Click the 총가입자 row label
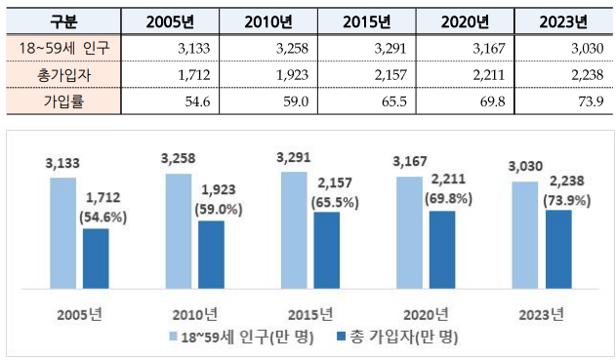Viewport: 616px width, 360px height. [x=62, y=73]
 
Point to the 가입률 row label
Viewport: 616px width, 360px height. [x=62, y=99]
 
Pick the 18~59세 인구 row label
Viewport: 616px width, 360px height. [x=62, y=48]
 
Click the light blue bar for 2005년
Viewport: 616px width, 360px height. [x=63, y=233]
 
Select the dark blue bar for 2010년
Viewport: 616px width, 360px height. [x=211, y=255]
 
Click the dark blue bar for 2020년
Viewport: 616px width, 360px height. [x=441, y=250]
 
